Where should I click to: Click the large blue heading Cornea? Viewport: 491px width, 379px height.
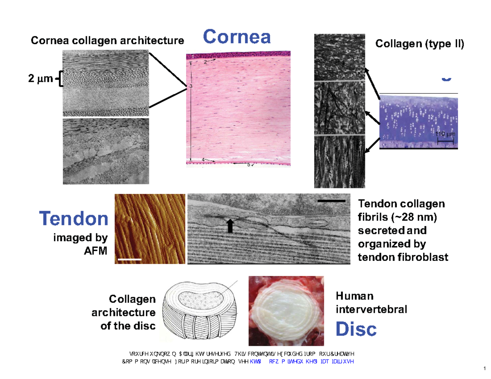point(237,37)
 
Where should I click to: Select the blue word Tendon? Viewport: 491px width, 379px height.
point(74,220)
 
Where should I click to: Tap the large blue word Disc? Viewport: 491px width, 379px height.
point(356,329)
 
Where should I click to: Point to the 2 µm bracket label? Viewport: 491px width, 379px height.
point(40,79)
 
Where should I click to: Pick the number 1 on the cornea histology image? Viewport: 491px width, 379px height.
point(193,56)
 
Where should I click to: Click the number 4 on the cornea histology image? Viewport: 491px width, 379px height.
point(203,159)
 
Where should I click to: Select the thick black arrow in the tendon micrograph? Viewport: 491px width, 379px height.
point(230,225)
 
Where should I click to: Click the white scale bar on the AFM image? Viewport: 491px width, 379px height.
point(129,259)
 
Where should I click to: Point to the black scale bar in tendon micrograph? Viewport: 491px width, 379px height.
point(331,201)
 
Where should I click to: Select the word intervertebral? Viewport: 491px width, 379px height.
point(371,309)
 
